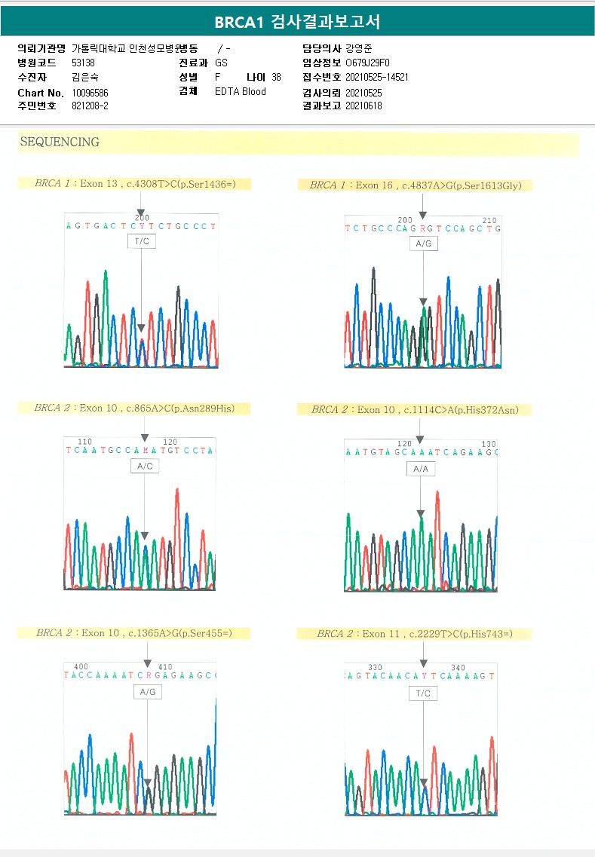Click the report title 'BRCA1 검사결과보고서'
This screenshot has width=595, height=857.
[x=297, y=21]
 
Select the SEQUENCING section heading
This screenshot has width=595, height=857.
[x=60, y=142]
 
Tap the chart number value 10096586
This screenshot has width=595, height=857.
[x=90, y=93]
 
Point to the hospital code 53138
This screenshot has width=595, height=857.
[x=83, y=63]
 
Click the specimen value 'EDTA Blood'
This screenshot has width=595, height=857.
[x=241, y=92]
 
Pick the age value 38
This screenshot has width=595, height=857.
[x=276, y=77]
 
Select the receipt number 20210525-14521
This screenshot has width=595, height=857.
[x=377, y=77]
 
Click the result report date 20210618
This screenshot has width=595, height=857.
[x=363, y=106]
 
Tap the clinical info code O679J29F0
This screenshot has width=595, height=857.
[x=368, y=63]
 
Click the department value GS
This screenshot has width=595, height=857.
[x=221, y=63]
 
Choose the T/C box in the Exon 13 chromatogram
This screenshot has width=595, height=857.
[x=142, y=241]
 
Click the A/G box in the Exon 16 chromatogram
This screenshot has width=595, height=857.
[x=423, y=243]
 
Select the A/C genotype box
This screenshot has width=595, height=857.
[x=144, y=467]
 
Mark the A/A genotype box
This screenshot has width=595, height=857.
[x=421, y=469]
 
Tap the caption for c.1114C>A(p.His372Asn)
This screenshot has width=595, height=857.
[x=421, y=409]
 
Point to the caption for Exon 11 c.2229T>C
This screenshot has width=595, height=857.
[x=415, y=634]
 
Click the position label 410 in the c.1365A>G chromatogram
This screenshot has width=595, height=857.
[x=165, y=667]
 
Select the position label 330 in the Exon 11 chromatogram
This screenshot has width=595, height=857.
[x=375, y=668]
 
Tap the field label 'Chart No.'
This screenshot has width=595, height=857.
[x=40, y=93]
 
